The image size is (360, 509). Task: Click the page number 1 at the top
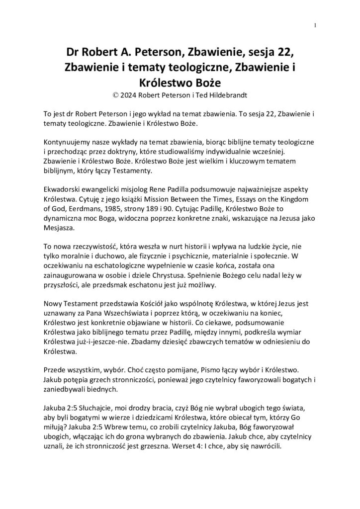[x=315, y=25]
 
